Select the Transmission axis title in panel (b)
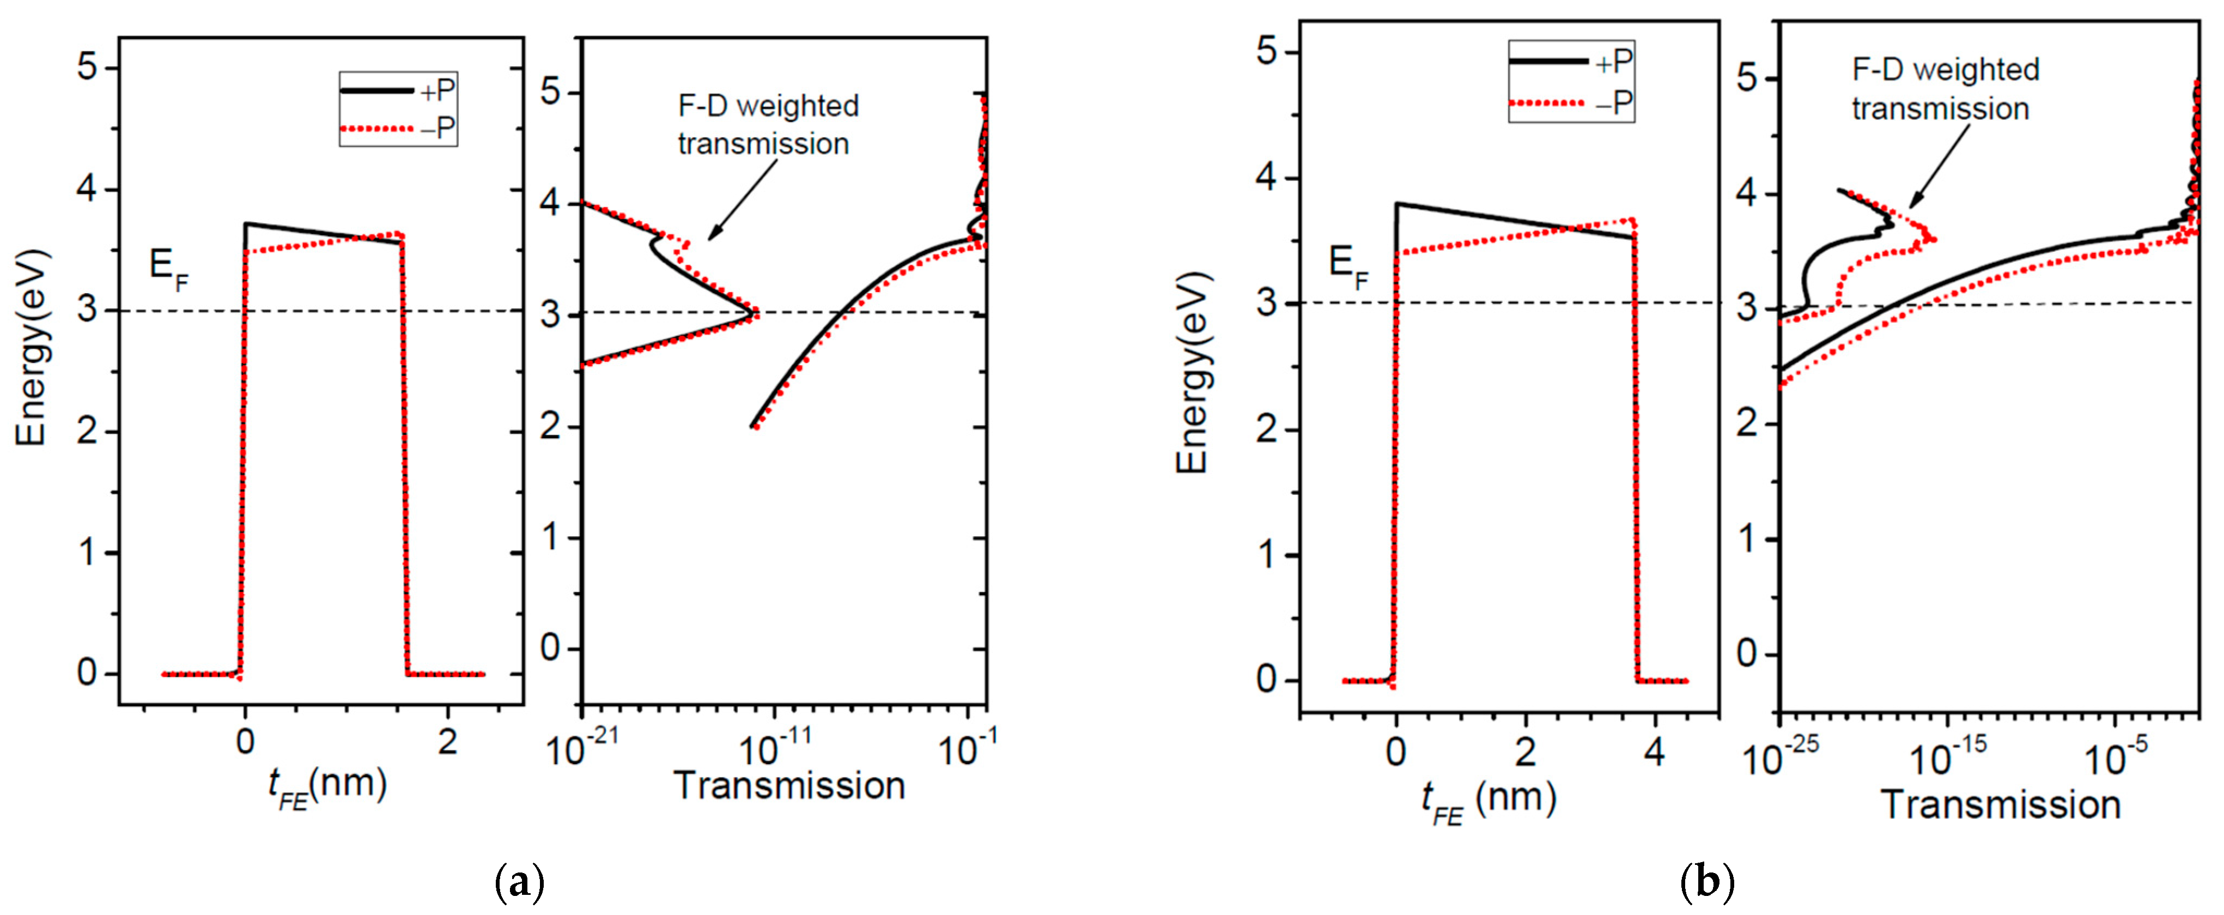click(x=2001, y=804)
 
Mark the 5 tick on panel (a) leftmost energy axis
click(x=87, y=68)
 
